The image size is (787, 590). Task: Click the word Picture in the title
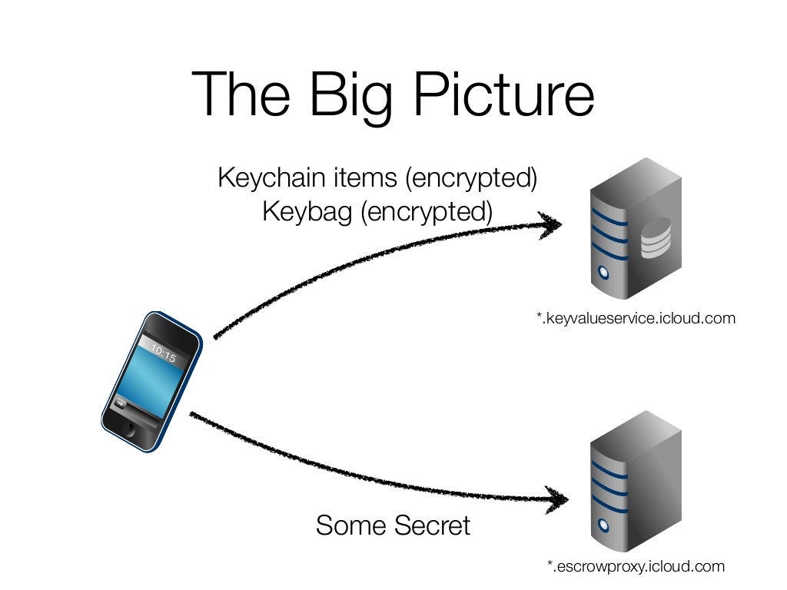click(503, 95)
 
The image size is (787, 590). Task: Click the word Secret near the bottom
click(431, 526)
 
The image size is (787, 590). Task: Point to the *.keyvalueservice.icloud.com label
click(636, 317)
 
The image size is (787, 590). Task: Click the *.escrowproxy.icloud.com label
click(635, 567)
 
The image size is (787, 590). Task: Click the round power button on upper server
click(604, 273)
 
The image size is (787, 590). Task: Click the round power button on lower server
click(605, 525)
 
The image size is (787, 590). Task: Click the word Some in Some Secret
click(350, 526)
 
